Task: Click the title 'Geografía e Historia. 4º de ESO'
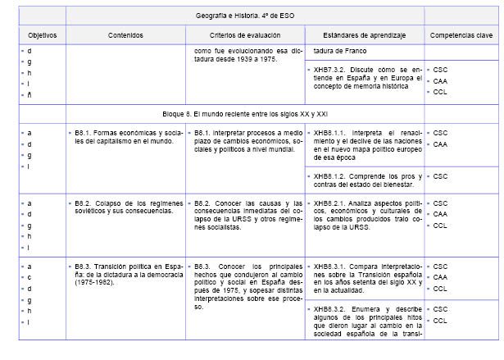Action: (244, 16)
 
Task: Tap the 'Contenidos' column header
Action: (124, 37)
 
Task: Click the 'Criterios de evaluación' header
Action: (245, 37)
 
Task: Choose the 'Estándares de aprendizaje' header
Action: (363, 37)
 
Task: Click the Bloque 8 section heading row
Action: (245, 113)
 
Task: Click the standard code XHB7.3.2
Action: (329, 70)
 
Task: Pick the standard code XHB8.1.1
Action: (329, 132)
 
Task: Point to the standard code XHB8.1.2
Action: (329, 175)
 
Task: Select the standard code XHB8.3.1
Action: (329, 267)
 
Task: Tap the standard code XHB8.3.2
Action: (329, 309)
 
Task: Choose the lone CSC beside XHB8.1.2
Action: (440, 175)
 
